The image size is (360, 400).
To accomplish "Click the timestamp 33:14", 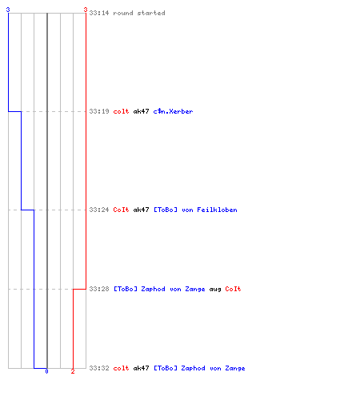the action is [x=99, y=13].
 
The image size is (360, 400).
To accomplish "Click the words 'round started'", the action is [x=139, y=13].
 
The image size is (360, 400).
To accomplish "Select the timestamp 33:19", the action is [x=99, y=111].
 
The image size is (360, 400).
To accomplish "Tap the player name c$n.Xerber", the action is [x=173, y=111].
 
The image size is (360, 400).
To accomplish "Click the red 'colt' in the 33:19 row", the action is [x=121, y=111].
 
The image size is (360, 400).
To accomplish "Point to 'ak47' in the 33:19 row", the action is [x=141, y=111].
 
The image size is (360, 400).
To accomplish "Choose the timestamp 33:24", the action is [x=99, y=210].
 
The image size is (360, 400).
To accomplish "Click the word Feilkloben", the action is [x=217, y=210].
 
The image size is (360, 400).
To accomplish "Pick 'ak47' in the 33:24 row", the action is [x=141, y=210].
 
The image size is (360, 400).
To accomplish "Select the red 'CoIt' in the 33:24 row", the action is [x=121, y=210].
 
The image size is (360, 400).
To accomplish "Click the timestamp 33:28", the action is [x=99, y=289].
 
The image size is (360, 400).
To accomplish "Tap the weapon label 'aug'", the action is [x=215, y=290].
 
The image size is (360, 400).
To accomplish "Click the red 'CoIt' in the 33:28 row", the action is [x=233, y=289].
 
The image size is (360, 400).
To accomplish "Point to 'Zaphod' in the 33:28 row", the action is [x=153, y=289].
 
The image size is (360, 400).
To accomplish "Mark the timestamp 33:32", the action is [x=99, y=368].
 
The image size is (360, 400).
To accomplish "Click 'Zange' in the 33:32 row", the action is [x=235, y=369].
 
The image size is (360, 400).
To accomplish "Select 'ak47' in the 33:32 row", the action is [x=141, y=368].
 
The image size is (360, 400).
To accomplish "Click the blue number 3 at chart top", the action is [x=8, y=10].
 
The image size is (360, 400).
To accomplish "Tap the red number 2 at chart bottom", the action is [x=73, y=371].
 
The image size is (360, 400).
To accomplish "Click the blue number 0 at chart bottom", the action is [x=46, y=371].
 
